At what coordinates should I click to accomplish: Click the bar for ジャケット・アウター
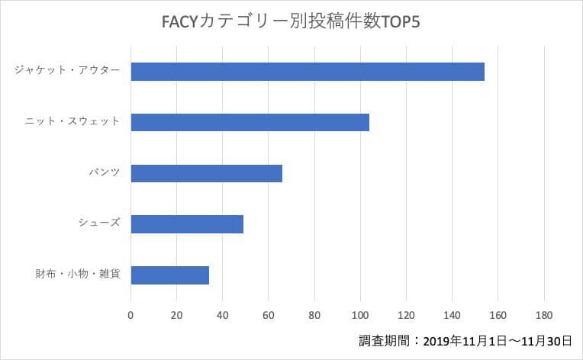tap(308, 71)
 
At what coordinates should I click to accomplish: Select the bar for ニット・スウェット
tap(250, 122)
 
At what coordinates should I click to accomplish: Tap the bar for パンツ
tap(207, 173)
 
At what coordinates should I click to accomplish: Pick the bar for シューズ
tap(187, 223)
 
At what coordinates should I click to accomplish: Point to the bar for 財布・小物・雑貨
tap(170, 275)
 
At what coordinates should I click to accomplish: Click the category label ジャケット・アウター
tap(67, 70)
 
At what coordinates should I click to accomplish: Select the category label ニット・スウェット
tap(72, 121)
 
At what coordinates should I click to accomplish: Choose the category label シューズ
tap(99, 223)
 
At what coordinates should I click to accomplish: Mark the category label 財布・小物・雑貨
tap(78, 274)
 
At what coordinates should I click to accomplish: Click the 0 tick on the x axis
tap(131, 315)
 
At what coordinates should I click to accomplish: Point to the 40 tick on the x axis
tap(223, 315)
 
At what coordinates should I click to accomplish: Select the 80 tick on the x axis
tap(314, 315)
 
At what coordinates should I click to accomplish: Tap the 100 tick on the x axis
tap(360, 315)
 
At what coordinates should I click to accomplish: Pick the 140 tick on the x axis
tap(452, 315)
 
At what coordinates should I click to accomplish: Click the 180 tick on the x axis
tap(543, 315)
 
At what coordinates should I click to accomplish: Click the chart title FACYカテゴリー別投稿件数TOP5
tap(291, 21)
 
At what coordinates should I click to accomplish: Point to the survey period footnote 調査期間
tap(465, 341)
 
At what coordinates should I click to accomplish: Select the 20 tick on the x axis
tap(177, 315)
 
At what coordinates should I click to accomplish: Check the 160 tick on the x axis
tap(498, 315)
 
